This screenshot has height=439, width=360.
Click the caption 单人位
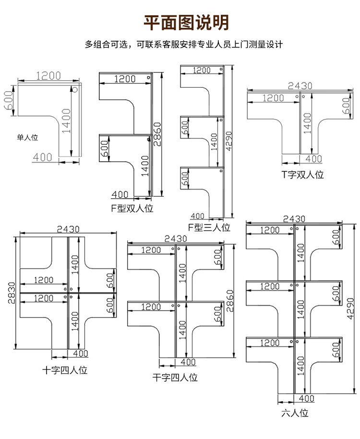pos(27,138)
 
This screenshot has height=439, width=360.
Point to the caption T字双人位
pos(302,174)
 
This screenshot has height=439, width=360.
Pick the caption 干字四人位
pos(175,378)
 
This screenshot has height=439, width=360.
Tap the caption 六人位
pos(295,412)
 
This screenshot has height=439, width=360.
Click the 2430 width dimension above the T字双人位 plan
pos(300,86)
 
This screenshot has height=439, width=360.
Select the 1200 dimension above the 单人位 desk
pos(48,75)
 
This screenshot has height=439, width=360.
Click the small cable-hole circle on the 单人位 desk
pos(75,89)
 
